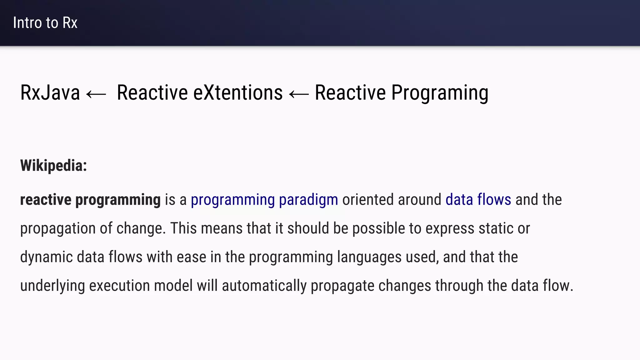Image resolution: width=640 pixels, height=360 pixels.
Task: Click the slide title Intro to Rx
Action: tap(45, 23)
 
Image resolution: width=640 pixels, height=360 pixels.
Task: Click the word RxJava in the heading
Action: tap(50, 93)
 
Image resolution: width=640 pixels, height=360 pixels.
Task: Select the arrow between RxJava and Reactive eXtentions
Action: tap(96, 94)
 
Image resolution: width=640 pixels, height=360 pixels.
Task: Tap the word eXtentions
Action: tap(238, 93)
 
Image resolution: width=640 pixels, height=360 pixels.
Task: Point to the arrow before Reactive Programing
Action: tap(299, 94)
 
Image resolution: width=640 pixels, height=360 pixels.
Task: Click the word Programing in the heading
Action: tap(440, 93)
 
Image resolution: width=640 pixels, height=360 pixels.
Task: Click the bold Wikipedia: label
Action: tap(53, 165)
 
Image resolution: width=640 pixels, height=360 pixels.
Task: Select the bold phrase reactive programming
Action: tap(90, 200)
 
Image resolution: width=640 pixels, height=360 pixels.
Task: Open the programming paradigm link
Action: tap(264, 200)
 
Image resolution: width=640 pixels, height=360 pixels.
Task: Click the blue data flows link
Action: tap(478, 200)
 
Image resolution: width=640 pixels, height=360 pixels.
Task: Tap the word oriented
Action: tap(368, 200)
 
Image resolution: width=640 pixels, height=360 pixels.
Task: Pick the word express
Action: tap(450, 228)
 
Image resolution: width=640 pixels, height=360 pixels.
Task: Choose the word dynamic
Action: tap(46, 257)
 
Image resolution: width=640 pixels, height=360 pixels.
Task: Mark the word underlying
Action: tap(52, 286)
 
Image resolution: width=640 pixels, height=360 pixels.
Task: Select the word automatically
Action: tap(264, 286)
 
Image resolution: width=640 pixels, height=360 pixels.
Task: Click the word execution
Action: tap(119, 286)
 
